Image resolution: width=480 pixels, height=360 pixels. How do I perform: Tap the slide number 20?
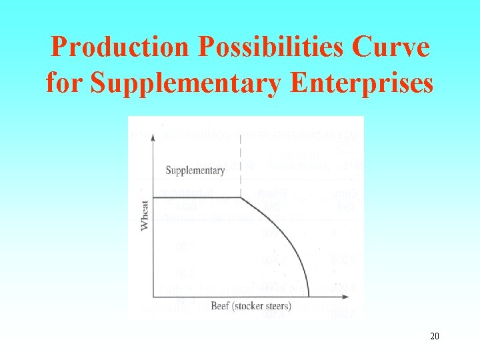click(434, 336)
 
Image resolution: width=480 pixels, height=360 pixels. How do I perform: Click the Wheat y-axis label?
click(145, 215)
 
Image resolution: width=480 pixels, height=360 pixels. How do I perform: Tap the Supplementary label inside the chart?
click(195, 171)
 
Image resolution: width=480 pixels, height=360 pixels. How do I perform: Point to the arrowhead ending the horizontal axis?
click(345, 296)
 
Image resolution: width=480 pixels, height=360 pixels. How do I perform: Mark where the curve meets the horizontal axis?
click(309, 296)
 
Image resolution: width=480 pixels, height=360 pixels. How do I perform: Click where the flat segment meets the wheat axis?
click(153, 197)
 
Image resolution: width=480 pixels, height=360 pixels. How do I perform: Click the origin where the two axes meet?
click(153, 296)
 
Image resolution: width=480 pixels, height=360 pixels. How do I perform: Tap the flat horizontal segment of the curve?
click(196, 197)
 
